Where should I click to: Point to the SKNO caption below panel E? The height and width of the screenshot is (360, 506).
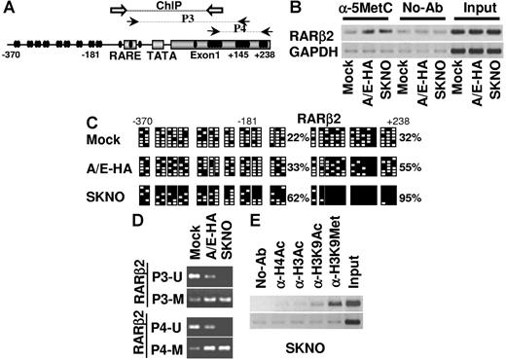(319, 344)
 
